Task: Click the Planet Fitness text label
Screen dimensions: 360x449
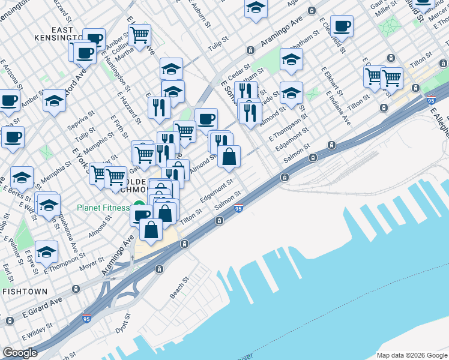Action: pos(103,208)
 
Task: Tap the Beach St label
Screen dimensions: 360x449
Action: pos(178,288)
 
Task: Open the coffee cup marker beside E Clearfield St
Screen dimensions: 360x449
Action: pos(342,26)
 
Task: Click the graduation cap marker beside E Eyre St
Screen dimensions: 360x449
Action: pos(46,253)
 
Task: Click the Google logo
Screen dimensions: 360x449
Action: pos(20,353)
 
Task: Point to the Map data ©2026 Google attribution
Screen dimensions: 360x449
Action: pos(411,355)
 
